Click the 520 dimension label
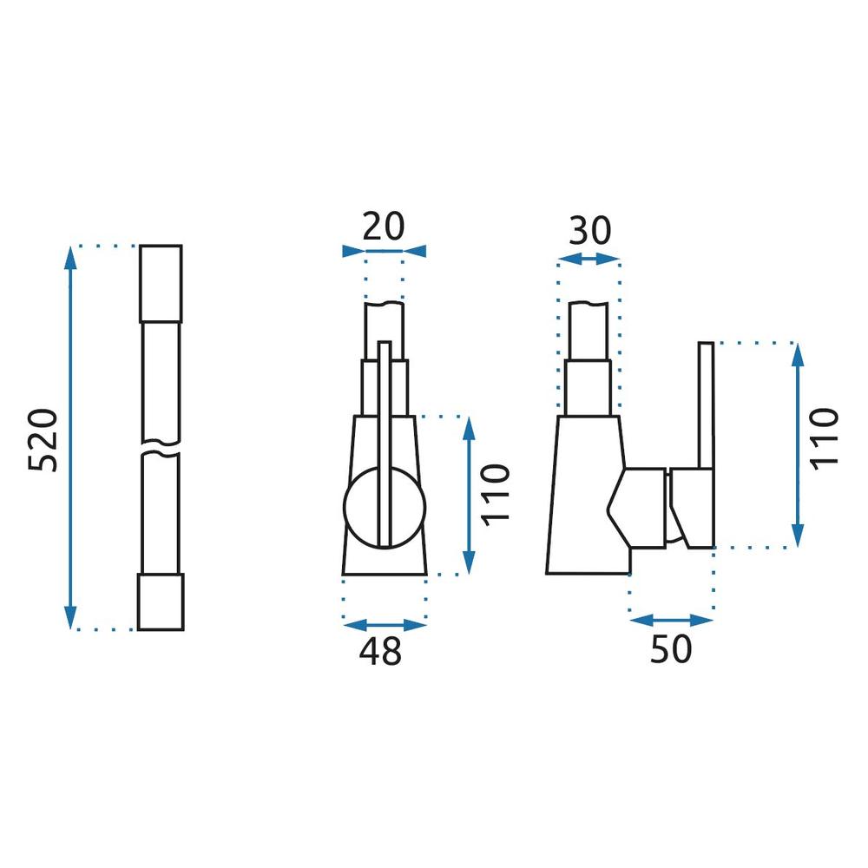click(43, 440)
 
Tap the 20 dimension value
click(384, 226)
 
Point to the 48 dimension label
click(380, 652)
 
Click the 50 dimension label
click(671, 648)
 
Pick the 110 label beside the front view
click(495, 495)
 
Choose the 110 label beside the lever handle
click(825, 439)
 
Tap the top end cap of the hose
click(161, 284)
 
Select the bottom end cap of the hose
click(161, 602)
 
